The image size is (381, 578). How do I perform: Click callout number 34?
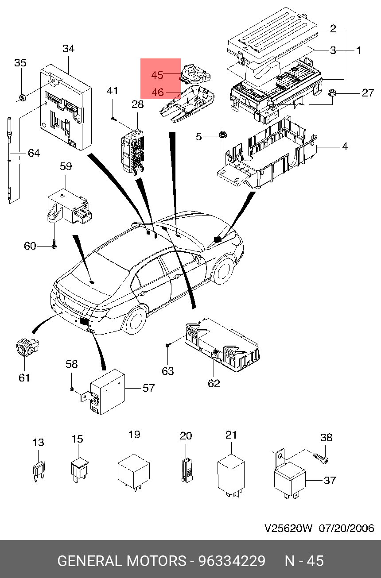click(x=69, y=49)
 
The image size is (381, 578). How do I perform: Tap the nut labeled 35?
click(x=22, y=97)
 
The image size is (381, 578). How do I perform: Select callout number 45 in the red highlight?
click(x=157, y=75)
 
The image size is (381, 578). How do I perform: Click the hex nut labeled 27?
click(x=332, y=92)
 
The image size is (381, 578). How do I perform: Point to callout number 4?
click(x=345, y=146)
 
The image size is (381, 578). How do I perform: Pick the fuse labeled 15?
click(x=79, y=470)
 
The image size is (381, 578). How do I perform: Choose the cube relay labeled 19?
click(x=133, y=472)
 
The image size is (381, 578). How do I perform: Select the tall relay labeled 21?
click(x=231, y=476)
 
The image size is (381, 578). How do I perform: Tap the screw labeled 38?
click(x=321, y=458)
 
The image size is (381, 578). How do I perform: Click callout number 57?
click(x=148, y=388)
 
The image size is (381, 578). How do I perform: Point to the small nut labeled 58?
click(x=72, y=389)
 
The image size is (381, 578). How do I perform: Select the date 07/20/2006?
click(x=346, y=528)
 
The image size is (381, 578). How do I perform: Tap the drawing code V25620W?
click(x=288, y=528)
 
